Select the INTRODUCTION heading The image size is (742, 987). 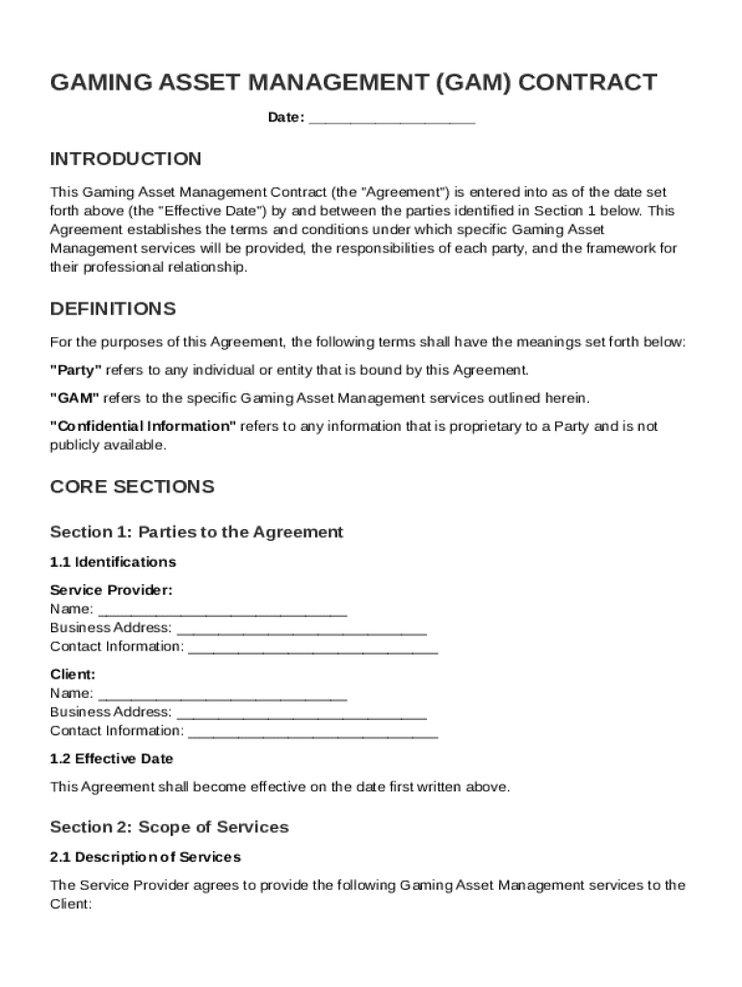click(125, 159)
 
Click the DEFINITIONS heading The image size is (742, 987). click(113, 309)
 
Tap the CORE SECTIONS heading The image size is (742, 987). click(132, 487)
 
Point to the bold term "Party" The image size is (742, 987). click(75, 370)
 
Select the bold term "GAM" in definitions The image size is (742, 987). click(74, 398)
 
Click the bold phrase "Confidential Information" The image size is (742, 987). click(143, 426)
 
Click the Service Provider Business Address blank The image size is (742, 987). click(303, 629)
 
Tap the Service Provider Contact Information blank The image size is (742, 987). click(312, 648)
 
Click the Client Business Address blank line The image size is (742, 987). click(303, 713)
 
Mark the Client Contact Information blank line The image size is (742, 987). click(312, 732)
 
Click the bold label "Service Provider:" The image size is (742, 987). click(111, 590)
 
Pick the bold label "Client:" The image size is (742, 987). click(72, 675)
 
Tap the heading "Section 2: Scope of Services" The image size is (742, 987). click(169, 827)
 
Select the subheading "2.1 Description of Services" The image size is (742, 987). click(145, 857)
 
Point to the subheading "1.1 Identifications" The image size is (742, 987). click(113, 562)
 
